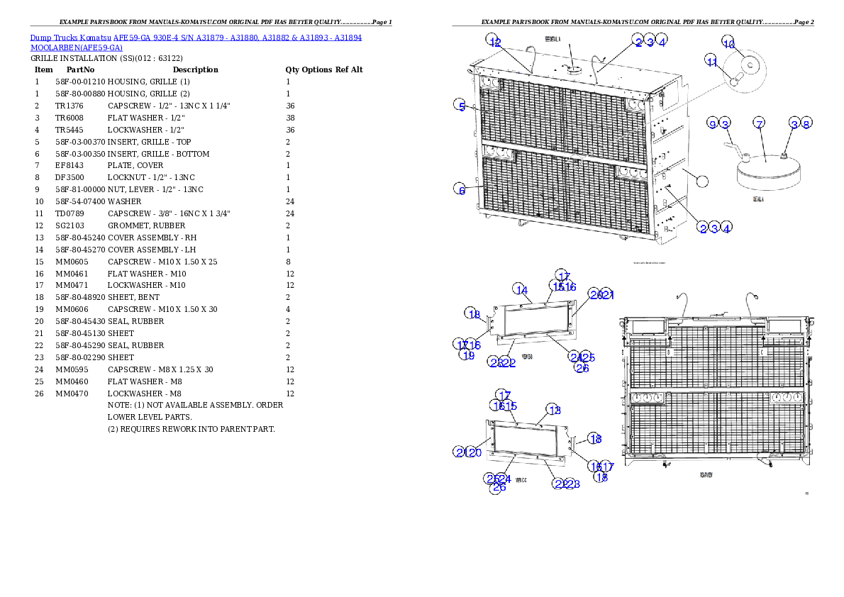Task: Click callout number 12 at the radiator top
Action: (x=494, y=43)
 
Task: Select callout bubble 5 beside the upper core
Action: (x=461, y=106)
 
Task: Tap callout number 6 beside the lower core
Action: (x=461, y=190)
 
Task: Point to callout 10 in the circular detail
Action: (x=728, y=43)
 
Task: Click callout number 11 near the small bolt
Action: (x=712, y=62)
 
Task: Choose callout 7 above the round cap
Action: (x=759, y=124)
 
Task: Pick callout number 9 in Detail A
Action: (x=712, y=124)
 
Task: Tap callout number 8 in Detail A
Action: (x=806, y=124)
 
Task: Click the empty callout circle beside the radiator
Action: (x=701, y=181)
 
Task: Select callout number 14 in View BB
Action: (x=521, y=289)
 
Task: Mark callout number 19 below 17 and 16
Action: (x=467, y=355)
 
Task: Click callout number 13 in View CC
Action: (x=553, y=410)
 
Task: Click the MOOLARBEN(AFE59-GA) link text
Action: (x=77, y=48)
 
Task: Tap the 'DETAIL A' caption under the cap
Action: (x=762, y=199)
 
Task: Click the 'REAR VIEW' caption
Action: (x=706, y=474)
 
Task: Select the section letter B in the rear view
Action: (x=668, y=351)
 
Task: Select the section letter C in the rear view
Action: (x=761, y=351)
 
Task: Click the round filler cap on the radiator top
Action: (x=573, y=69)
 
